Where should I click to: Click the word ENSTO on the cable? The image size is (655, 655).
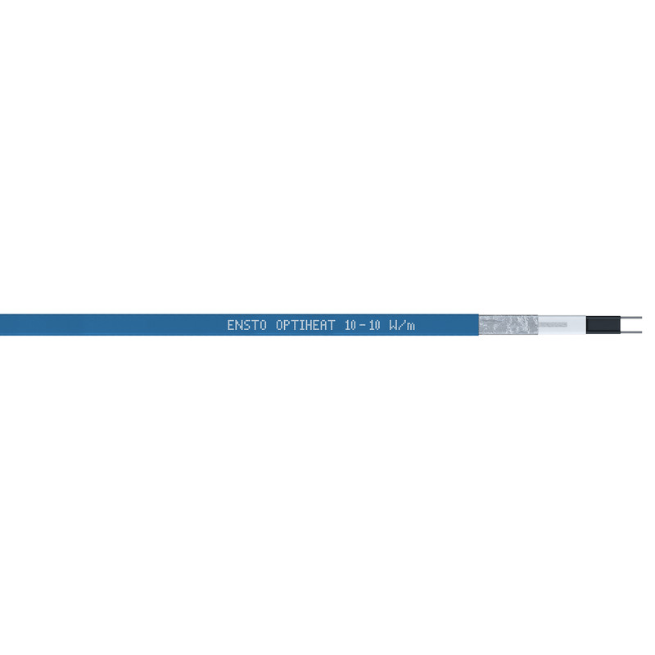click(246, 325)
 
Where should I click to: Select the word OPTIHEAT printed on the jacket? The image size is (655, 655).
click(305, 325)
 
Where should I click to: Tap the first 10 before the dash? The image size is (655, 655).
click(351, 325)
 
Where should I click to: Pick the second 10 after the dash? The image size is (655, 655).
click(375, 325)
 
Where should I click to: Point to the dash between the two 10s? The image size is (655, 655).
click(363, 325)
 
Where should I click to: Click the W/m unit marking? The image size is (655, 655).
click(402, 325)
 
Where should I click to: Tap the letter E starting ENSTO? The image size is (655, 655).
click(230, 325)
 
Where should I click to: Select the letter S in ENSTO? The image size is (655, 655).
click(246, 325)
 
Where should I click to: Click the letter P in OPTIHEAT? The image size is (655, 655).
click(287, 325)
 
